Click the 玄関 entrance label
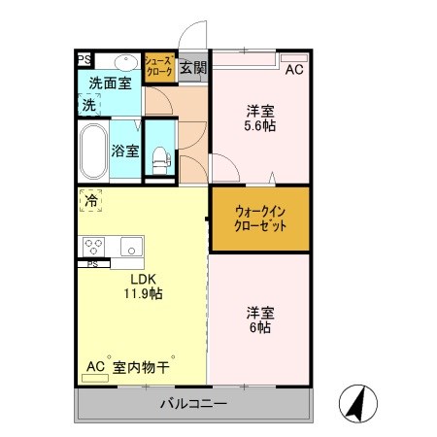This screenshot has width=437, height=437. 193,68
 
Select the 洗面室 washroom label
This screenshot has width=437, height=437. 111,84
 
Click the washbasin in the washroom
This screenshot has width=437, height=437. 126,59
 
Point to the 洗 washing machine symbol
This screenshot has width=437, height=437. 88,104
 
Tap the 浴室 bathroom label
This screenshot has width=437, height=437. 125,151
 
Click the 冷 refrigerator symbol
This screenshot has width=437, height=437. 89,202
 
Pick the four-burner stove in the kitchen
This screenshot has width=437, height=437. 94,246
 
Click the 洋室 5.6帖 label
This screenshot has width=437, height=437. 259,118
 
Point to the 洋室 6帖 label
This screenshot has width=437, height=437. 258,319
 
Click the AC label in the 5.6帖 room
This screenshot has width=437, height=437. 293,69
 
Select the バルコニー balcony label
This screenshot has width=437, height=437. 193,404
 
